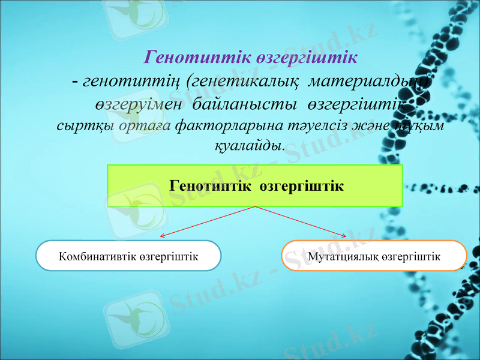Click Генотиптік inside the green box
[x=211, y=185]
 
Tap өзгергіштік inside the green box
[x=302, y=185]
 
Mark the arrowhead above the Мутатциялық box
[x=344, y=236]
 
